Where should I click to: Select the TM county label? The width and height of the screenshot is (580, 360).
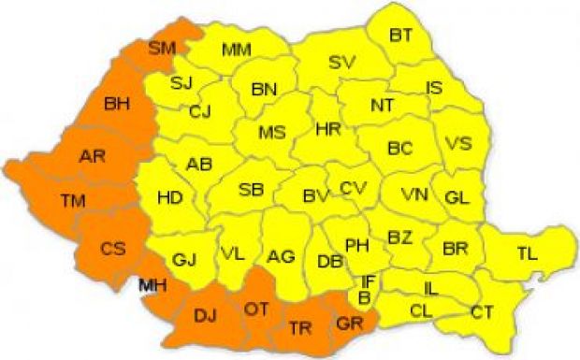(72, 200)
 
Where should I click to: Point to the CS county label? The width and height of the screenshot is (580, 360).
(113, 249)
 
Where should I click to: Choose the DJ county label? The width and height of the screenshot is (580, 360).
(205, 314)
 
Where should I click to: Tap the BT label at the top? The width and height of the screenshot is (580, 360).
(401, 35)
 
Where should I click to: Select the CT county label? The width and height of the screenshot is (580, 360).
(483, 310)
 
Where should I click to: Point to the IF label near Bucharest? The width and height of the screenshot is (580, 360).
(370, 279)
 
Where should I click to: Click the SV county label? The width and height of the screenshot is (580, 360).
(343, 64)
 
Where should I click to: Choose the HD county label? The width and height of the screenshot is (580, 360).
(169, 197)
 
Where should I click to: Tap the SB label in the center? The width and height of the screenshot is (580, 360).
(251, 190)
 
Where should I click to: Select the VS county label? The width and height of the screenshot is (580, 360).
(458, 144)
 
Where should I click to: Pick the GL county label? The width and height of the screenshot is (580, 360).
(457, 197)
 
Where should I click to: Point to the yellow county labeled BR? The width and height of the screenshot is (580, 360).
(456, 251)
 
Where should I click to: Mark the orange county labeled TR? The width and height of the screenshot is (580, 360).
(299, 327)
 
